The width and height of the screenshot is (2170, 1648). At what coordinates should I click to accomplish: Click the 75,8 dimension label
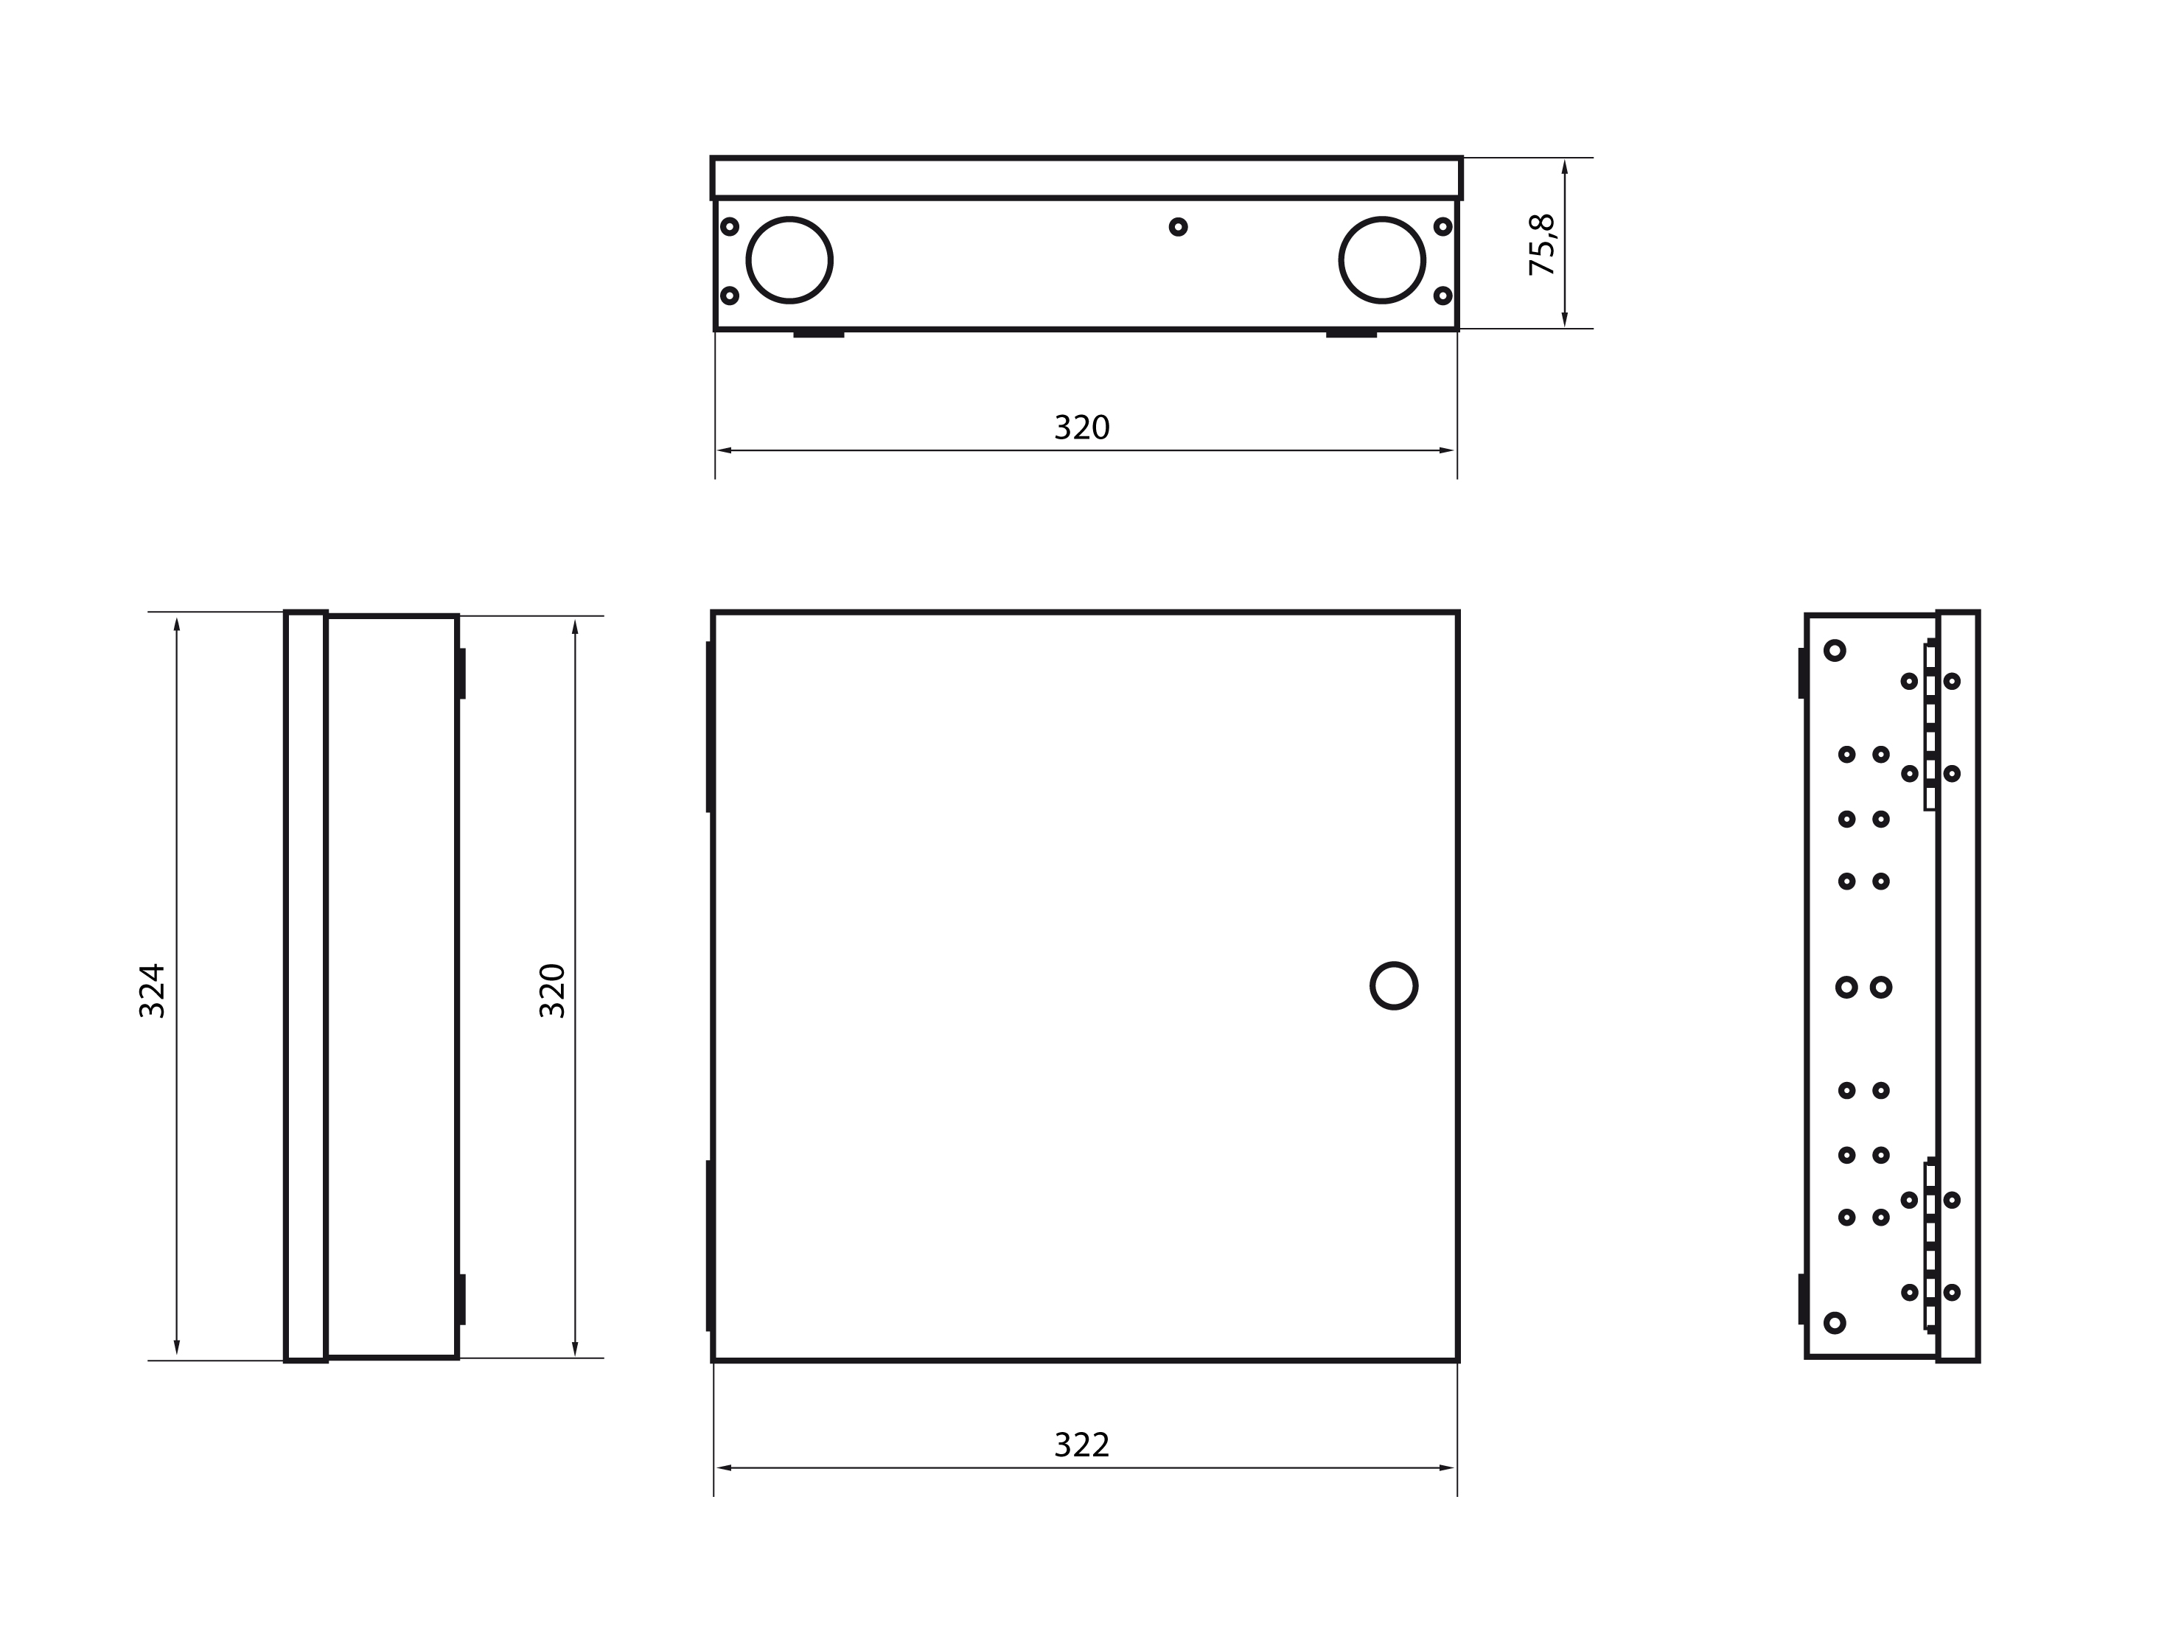click(1542, 244)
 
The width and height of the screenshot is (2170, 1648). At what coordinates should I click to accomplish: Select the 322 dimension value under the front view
click(1081, 1445)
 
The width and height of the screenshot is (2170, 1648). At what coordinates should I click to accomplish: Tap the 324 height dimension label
click(152, 991)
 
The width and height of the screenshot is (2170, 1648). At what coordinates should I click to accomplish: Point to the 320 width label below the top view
click(1081, 427)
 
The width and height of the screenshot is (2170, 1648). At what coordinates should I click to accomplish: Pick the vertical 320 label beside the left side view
click(552, 991)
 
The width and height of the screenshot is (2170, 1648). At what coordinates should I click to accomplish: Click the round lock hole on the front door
click(1394, 986)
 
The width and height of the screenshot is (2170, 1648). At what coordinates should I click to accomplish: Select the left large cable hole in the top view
click(789, 260)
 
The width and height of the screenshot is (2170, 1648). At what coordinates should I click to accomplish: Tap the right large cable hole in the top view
click(1382, 260)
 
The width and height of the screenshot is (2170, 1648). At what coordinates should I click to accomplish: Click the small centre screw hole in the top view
click(1178, 226)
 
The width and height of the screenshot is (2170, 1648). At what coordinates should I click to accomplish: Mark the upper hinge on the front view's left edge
click(709, 727)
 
